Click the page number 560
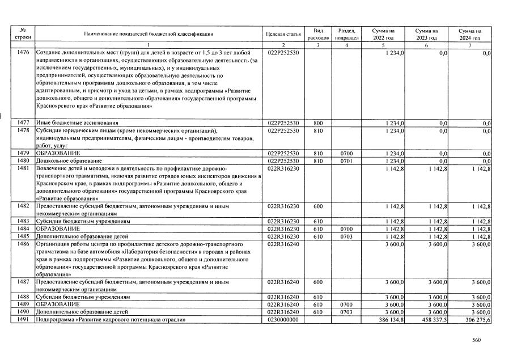[476, 340]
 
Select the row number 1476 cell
[23, 53]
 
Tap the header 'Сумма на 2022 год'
[384, 34]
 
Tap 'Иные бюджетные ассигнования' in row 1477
[77, 122]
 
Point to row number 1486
[23, 243]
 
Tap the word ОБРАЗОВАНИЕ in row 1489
[58, 304]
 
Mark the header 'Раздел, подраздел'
[346, 34]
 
